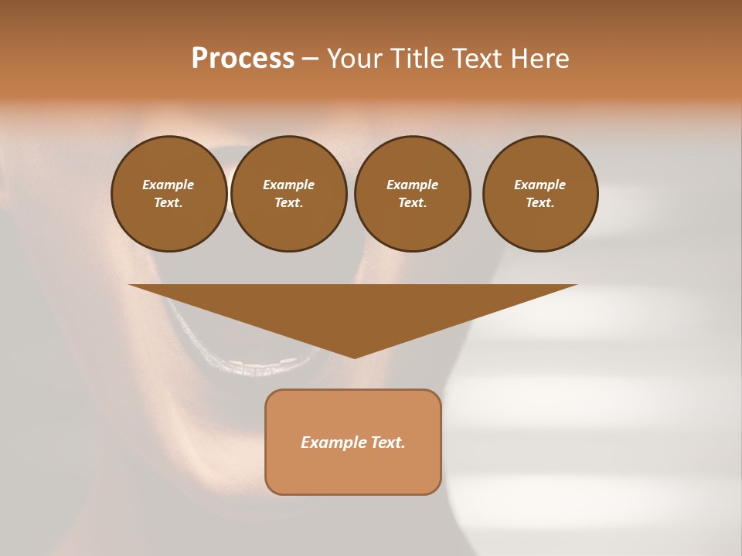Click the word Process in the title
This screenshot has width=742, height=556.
(x=243, y=59)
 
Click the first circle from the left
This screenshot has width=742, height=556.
(x=169, y=194)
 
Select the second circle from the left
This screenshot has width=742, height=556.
(x=289, y=194)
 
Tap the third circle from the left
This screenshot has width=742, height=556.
(x=412, y=194)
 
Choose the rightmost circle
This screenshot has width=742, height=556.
(x=540, y=194)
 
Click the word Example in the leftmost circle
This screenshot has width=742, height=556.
(x=168, y=185)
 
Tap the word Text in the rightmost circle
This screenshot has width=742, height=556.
(x=539, y=203)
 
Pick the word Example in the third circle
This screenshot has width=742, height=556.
(x=412, y=185)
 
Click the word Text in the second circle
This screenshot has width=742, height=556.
(x=288, y=203)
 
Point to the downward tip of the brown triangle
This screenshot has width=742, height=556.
(x=354, y=357)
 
